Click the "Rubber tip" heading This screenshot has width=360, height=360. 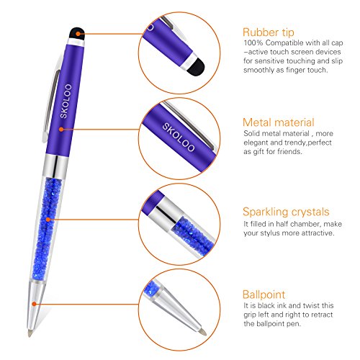point(269,32)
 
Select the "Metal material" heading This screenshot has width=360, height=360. point(279,122)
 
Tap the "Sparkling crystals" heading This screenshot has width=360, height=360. point(286,212)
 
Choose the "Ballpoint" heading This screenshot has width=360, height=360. point(264,294)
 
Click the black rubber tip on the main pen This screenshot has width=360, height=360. point(77,33)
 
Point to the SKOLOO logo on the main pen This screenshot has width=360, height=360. point(66,101)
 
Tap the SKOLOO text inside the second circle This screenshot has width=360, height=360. point(179,137)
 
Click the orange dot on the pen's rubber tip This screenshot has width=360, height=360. point(78,34)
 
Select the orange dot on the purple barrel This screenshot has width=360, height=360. point(61,130)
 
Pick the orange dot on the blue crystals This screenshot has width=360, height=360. point(48,220)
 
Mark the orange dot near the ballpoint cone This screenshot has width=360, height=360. point(35,304)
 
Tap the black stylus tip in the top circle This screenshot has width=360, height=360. point(196,68)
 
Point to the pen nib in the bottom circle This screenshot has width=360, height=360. point(203,332)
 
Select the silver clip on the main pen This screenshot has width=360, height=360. point(51,101)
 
